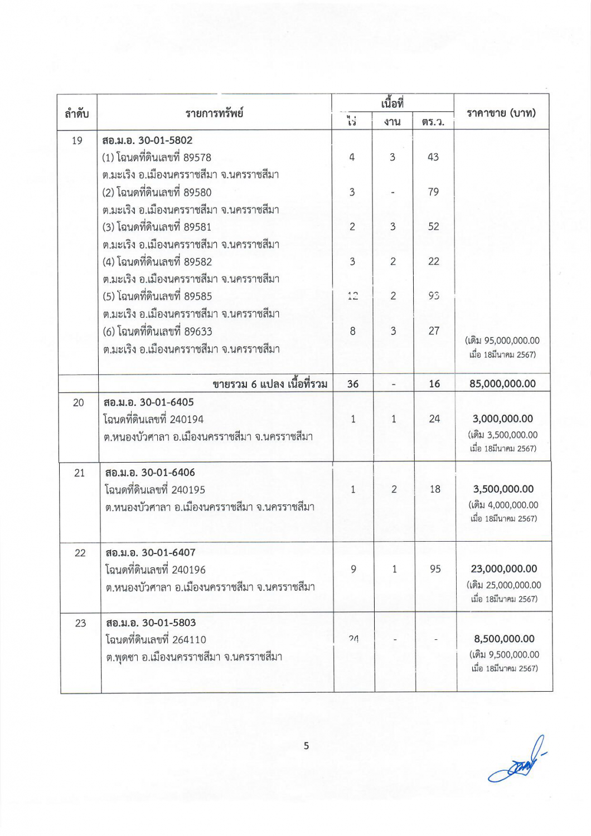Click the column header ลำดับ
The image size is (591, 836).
(x=77, y=114)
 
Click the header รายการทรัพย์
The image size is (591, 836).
(x=214, y=113)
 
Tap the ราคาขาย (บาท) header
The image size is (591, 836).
(x=501, y=113)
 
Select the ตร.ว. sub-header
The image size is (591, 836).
(x=433, y=121)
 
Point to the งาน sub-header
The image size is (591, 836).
(x=393, y=121)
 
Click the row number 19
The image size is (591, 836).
(x=77, y=140)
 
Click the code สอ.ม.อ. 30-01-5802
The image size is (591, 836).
(x=147, y=140)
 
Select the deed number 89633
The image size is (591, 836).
(x=198, y=332)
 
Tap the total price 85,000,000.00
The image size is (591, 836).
(x=502, y=383)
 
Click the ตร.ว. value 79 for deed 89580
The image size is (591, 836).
(x=433, y=192)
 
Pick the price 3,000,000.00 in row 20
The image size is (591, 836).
(x=503, y=419)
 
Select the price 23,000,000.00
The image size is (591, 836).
(x=504, y=569)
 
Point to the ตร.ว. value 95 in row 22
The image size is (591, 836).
(x=435, y=569)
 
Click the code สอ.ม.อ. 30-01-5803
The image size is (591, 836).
(x=151, y=623)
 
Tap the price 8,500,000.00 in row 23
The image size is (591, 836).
(x=504, y=639)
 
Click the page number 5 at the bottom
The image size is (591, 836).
(x=306, y=746)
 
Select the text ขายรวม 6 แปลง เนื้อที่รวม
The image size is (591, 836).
(x=270, y=384)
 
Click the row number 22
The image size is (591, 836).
(x=80, y=553)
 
